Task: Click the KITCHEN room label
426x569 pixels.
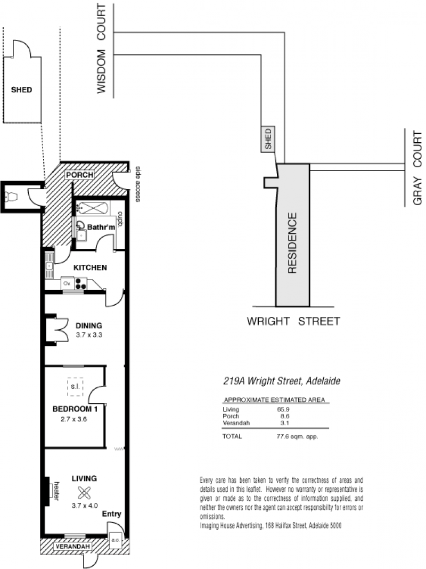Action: pyautogui.click(x=90, y=267)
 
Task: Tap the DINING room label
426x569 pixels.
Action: pyautogui.click(x=89, y=326)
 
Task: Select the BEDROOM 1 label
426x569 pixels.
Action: pyautogui.click(x=75, y=409)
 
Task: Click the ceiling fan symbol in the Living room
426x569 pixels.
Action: pyautogui.click(x=84, y=493)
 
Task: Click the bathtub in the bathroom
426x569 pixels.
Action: pyautogui.click(x=93, y=208)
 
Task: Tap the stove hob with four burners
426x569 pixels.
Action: pyautogui.click(x=81, y=283)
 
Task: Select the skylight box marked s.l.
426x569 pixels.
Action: pyautogui.click(x=75, y=387)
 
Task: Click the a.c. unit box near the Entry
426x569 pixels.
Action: pyautogui.click(x=116, y=540)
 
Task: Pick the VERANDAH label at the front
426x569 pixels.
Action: pyautogui.click(x=72, y=547)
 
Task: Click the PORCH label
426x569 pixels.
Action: pyautogui.click(x=80, y=175)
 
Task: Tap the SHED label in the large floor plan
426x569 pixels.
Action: pyautogui.click(x=21, y=90)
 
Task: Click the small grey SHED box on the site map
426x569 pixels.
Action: pyautogui.click(x=268, y=139)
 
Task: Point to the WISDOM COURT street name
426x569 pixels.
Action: pyautogui.click(x=101, y=48)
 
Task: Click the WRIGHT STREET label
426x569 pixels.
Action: pyautogui.click(x=293, y=321)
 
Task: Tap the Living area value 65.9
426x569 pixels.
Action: pyautogui.click(x=283, y=409)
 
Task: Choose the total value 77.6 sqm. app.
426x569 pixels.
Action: pyautogui.click(x=297, y=436)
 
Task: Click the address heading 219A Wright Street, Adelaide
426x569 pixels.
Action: pyautogui.click(x=282, y=381)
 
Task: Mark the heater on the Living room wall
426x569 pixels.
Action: pyautogui.click(x=47, y=491)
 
